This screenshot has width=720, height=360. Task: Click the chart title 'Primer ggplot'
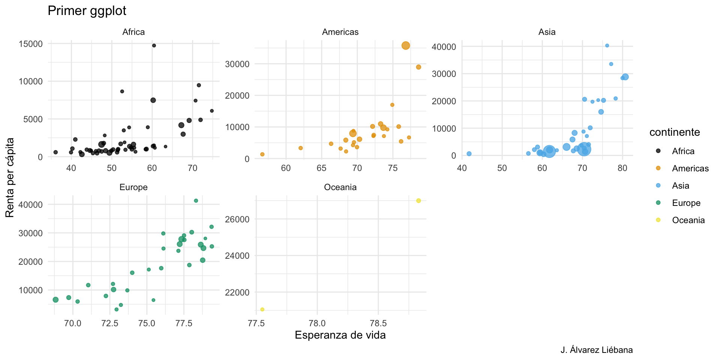click(x=87, y=11)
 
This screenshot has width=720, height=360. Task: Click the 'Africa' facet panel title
click(x=133, y=32)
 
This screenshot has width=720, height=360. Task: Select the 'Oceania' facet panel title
click(x=340, y=187)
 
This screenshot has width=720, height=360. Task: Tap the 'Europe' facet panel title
click(x=133, y=187)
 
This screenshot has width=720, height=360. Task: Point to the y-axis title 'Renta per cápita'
click(x=10, y=177)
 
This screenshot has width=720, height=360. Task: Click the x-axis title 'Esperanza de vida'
click(x=340, y=335)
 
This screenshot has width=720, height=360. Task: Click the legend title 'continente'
click(x=675, y=132)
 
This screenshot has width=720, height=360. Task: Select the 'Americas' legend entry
click(x=690, y=169)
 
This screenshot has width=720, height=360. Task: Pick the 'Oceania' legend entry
click(x=688, y=220)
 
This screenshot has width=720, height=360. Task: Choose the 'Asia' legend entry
click(x=680, y=186)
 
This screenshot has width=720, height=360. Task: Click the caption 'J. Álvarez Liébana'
click(x=597, y=350)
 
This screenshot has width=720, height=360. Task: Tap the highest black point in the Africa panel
click(x=154, y=45)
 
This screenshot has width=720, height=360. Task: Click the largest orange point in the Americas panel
click(x=406, y=46)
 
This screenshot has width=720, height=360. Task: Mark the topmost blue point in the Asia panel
click(x=607, y=46)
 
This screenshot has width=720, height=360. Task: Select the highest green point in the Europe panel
click(x=196, y=201)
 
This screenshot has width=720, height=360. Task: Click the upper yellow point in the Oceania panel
click(x=418, y=201)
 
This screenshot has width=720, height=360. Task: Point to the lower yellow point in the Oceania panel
click(x=262, y=309)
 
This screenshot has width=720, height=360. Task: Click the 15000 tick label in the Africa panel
click(x=30, y=44)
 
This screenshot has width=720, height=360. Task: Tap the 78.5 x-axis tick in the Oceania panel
click(x=378, y=323)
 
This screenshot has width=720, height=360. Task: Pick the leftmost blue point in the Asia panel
click(x=469, y=154)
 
